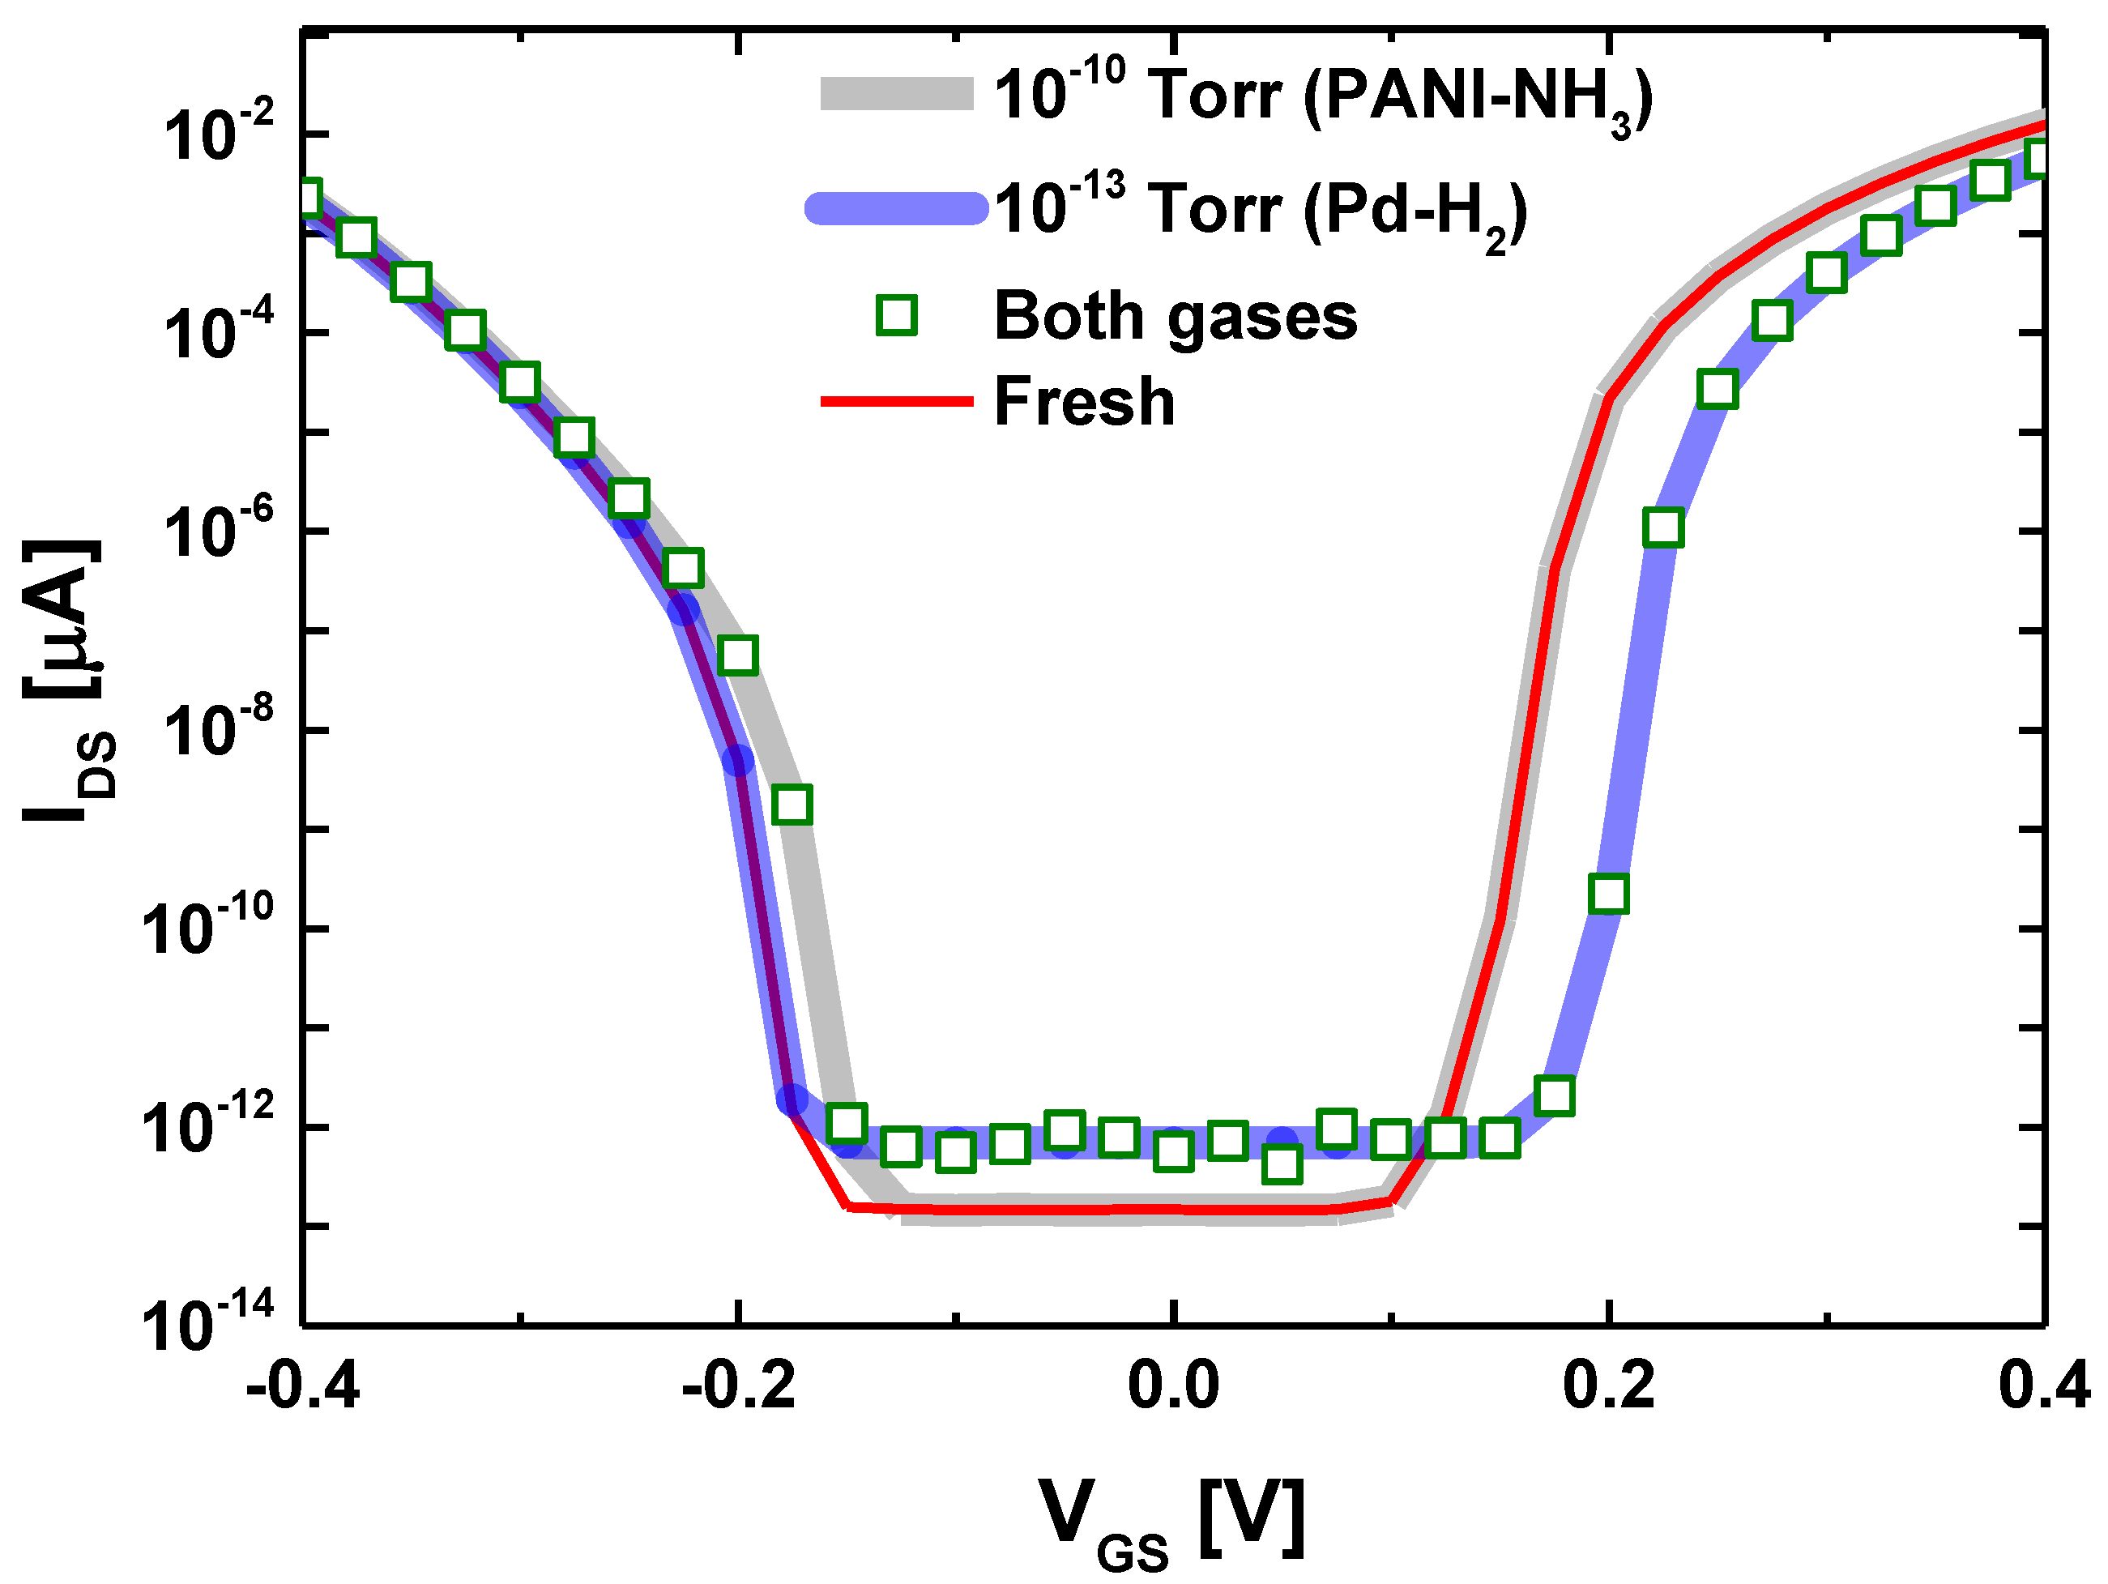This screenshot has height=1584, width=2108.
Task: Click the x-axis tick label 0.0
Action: click(x=1173, y=1388)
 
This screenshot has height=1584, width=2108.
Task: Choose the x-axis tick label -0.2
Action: click(x=739, y=1388)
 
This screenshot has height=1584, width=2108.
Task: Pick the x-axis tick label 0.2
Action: click(x=1609, y=1388)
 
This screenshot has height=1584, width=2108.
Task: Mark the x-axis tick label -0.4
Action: click(x=303, y=1388)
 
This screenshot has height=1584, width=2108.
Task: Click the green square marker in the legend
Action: click(x=897, y=315)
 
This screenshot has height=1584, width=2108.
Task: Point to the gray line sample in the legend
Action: click(x=897, y=94)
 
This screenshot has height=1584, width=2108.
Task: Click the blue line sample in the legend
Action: click(x=897, y=207)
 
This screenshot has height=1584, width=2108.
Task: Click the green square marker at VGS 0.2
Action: click(x=1609, y=893)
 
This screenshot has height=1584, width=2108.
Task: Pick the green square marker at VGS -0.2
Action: click(x=739, y=655)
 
